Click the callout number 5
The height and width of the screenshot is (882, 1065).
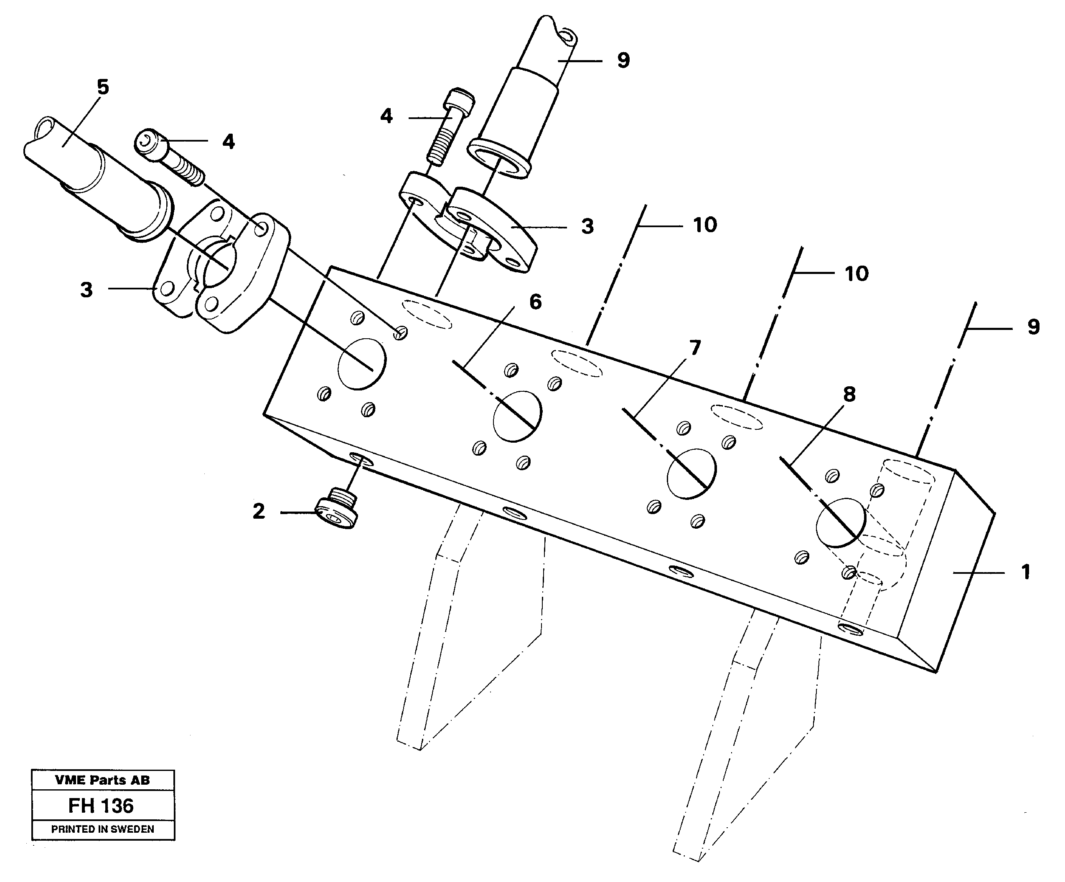pyautogui.click(x=103, y=88)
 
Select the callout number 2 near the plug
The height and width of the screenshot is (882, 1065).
pyautogui.click(x=259, y=512)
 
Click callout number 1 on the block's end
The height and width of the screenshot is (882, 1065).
pyautogui.click(x=1025, y=572)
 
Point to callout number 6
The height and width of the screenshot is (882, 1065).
pyautogui.click(x=536, y=302)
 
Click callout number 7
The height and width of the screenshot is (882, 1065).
pyautogui.click(x=695, y=348)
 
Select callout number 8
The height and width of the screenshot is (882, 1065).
pyautogui.click(x=849, y=394)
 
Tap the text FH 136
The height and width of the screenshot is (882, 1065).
pyautogui.click(x=101, y=806)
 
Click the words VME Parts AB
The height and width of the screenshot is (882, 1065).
pyautogui.click(x=102, y=780)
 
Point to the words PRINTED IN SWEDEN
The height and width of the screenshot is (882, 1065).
pyautogui.click(x=102, y=829)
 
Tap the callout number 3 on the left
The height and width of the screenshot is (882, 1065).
pyautogui.click(x=87, y=290)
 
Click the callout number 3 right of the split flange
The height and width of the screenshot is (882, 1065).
pyautogui.click(x=587, y=227)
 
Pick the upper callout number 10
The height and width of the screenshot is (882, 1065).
pyautogui.click(x=705, y=225)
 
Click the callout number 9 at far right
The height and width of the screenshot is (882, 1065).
pyautogui.click(x=1034, y=327)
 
